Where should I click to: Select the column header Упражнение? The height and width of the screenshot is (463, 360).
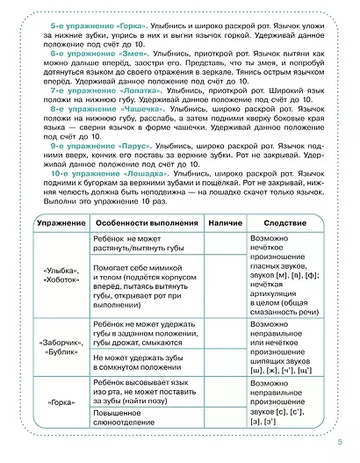click(x=55, y=225)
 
